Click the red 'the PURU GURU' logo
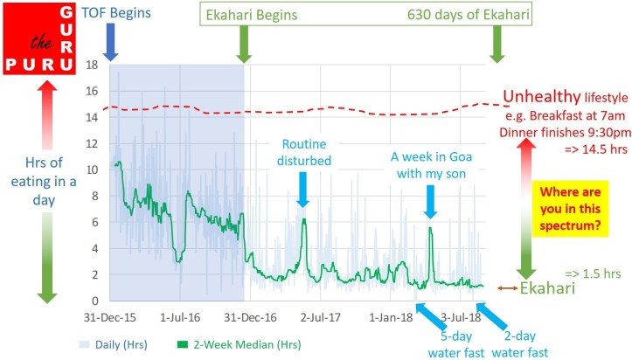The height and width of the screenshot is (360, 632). [38, 37]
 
